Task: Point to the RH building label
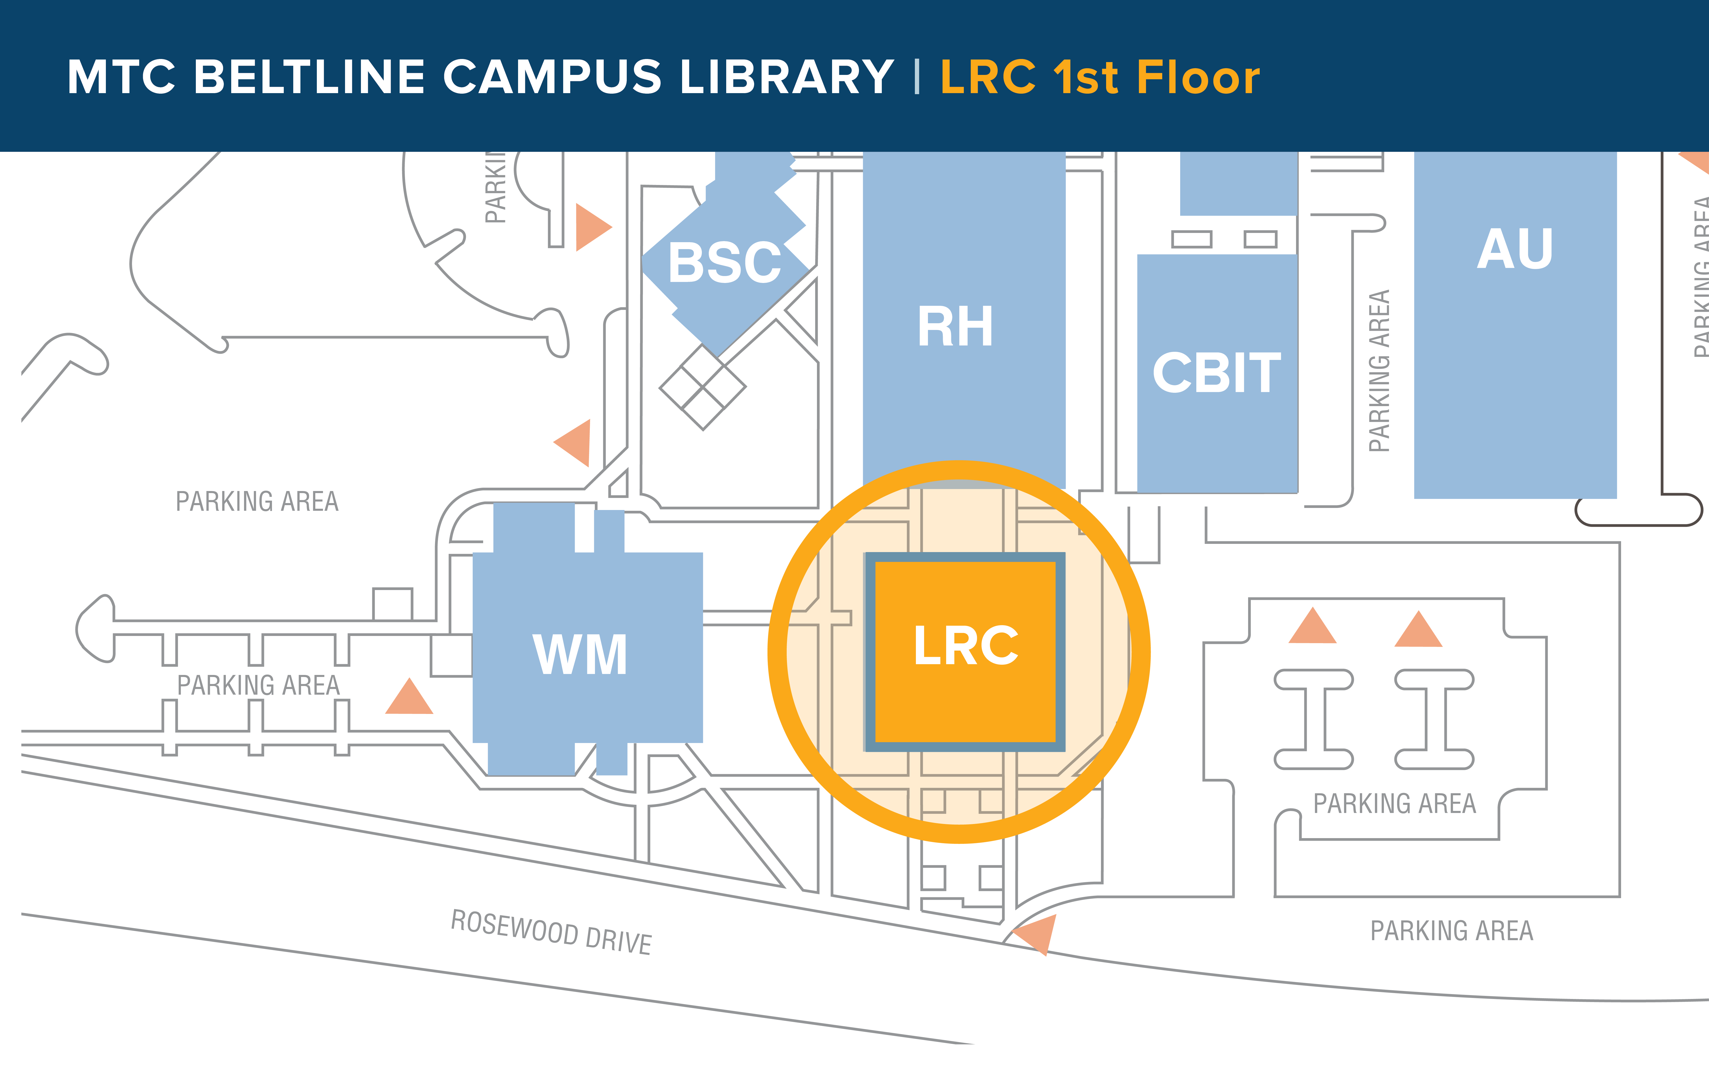955,327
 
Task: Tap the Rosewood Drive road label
551,932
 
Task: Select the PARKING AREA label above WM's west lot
257,501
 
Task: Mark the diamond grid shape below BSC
702,387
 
